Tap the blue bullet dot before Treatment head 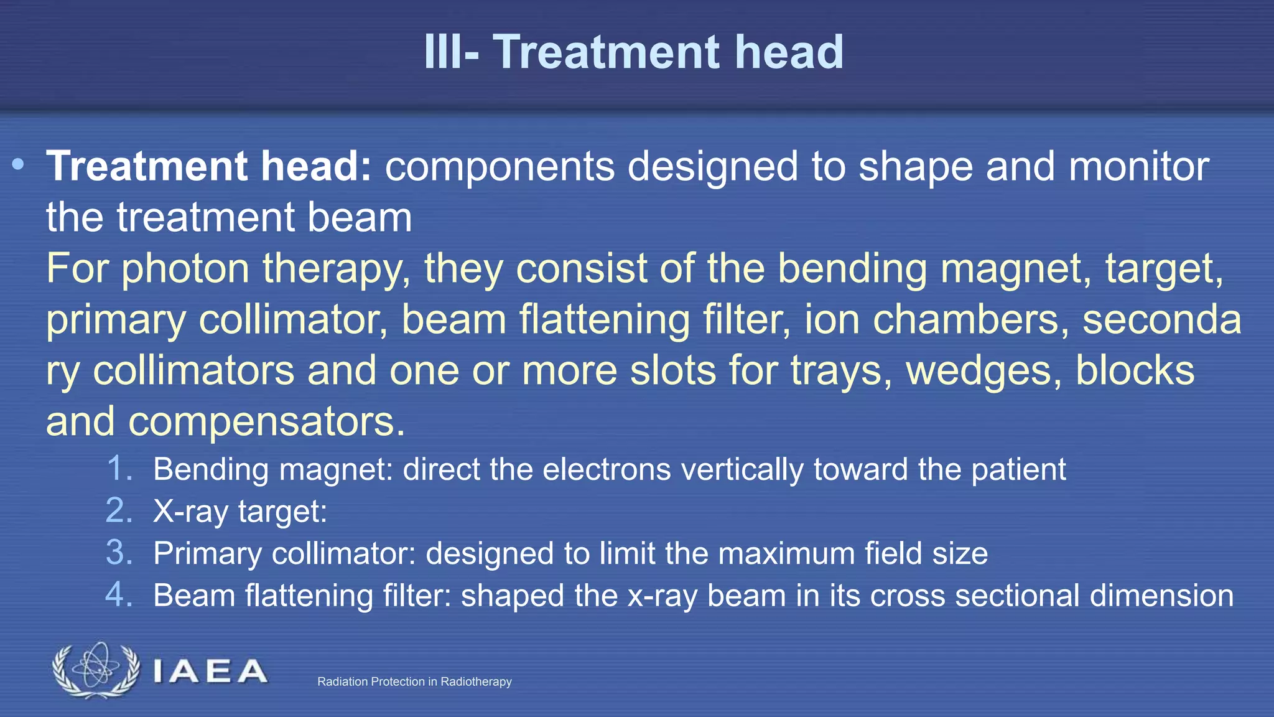pyautogui.click(x=18, y=165)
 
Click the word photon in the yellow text pyautogui.click(x=185, y=269)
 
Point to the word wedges pyautogui.click(x=983, y=371)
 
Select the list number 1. pyautogui.click(x=119, y=468)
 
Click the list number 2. pyautogui.click(x=119, y=510)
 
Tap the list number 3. pyautogui.click(x=119, y=553)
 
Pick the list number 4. pyautogui.click(x=119, y=595)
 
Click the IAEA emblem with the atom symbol pyautogui.click(x=96, y=670)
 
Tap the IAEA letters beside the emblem pyautogui.click(x=210, y=672)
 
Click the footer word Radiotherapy pyautogui.click(x=476, y=682)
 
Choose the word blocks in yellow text pyautogui.click(x=1135, y=371)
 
